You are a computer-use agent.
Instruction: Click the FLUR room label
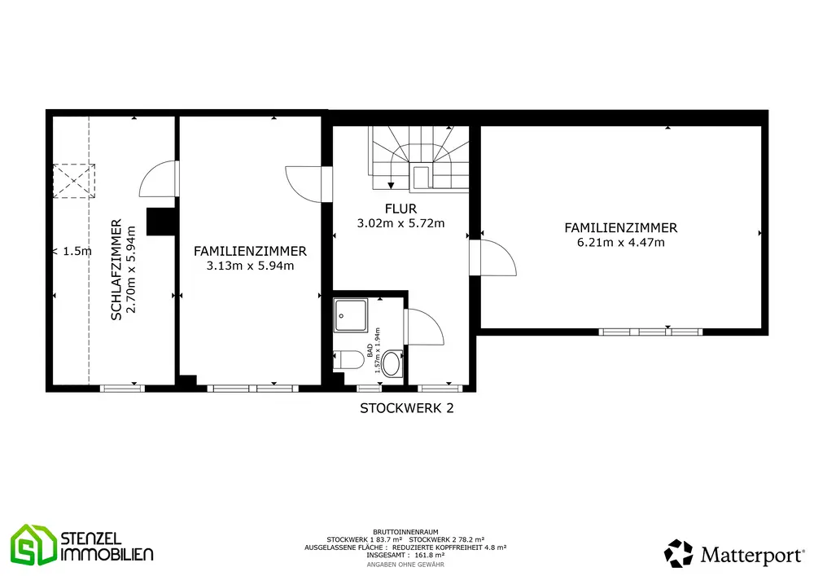point(400,209)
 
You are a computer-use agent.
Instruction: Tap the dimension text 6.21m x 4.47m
point(621,242)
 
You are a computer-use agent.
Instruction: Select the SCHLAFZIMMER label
point(116,270)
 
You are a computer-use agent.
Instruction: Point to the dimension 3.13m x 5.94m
point(250,266)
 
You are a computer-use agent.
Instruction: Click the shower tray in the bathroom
point(351,315)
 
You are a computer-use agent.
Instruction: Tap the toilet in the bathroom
point(349,360)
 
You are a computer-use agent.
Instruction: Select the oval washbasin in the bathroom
point(392,364)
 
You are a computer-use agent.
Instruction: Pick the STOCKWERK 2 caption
point(407,408)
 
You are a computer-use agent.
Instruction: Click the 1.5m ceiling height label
point(77,252)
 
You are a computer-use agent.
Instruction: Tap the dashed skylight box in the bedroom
point(74,181)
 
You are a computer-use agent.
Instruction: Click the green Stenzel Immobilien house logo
point(33,545)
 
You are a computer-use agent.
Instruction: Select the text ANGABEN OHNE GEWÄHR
point(405,565)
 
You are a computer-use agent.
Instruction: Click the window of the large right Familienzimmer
point(650,332)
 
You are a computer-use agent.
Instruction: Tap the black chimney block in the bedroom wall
point(161,222)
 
